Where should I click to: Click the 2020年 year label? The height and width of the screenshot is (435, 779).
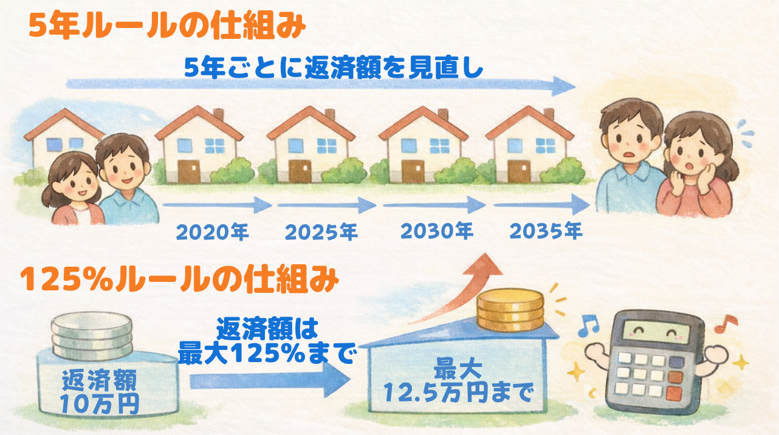pyautogui.click(x=212, y=232)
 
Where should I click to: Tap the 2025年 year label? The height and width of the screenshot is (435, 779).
pyautogui.click(x=321, y=232)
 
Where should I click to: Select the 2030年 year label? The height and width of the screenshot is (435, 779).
pyautogui.click(x=437, y=231)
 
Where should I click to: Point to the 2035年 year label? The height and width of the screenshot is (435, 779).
pyautogui.click(x=546, y=231)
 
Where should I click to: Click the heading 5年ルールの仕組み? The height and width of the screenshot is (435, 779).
pyautogui.click(x=167, y=26)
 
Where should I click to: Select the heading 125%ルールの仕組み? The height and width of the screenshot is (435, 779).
pyautogui.click(x=180, y=279)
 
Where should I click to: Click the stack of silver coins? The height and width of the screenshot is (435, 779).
pyautogui.click(x=92, y=335)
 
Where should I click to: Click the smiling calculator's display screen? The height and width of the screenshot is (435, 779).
pyautogui.click(x=656, y=331)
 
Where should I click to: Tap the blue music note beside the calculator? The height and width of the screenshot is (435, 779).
pyautogui.click(x=588, y=326)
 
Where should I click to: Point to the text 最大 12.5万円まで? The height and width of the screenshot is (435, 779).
pyautogui.click(x=458, y=381)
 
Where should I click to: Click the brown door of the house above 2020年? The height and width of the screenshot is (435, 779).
pyautogui.click(x=189, y=171)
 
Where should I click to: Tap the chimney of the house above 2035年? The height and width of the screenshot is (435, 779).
pyautogui.click(x=549, y=114)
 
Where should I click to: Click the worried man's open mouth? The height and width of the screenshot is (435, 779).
pyautogui.click(x=627, y=155)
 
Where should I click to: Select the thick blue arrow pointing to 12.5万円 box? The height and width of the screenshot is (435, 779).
pyautogui.click(x=270, y=380)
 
